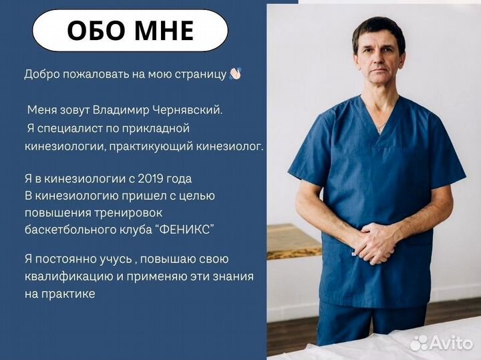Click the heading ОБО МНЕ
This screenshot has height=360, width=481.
point(130,30)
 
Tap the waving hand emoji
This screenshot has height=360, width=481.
point(234,74)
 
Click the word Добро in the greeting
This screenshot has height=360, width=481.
point(39,74)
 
